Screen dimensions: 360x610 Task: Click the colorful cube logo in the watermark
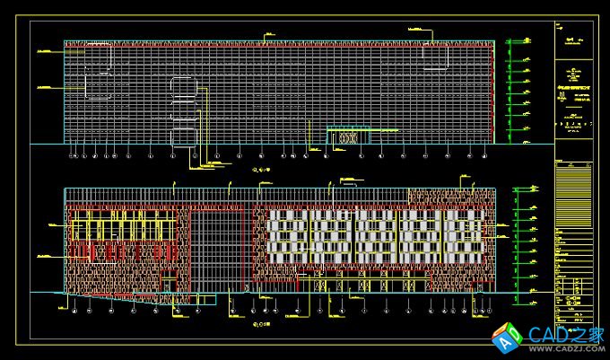pos(508,338)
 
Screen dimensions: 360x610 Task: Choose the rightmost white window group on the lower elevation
pos(463,238)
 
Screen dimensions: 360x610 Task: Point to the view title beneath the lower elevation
pos(263,320)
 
